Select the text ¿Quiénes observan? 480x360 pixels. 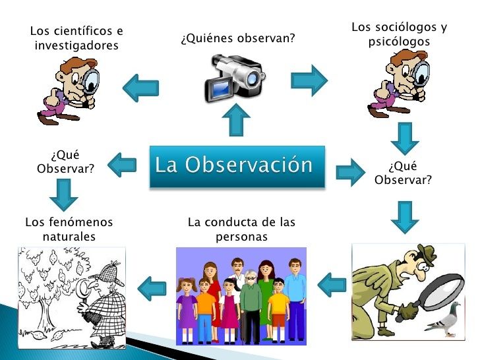tap(237, 40)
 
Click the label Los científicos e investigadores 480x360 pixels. tap(76, 38)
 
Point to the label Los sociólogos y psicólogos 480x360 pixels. tap(399, 34)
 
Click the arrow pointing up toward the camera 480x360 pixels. tap(237, 121)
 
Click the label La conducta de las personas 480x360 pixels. tap(241, 229)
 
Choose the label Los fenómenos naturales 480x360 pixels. tap(69, 229)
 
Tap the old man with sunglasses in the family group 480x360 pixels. tap(251, 300)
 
